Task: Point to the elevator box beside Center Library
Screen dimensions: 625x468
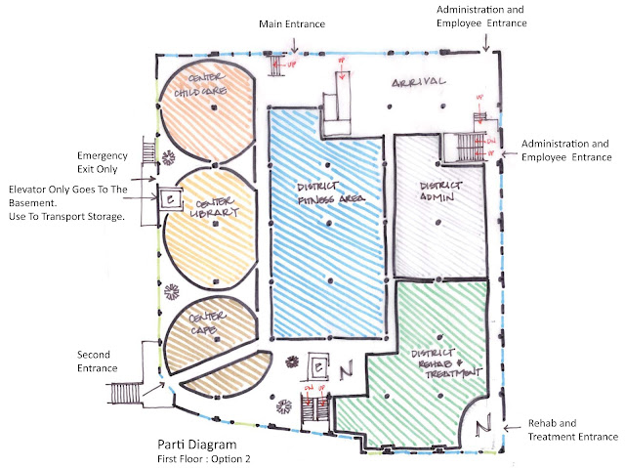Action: (170, 200)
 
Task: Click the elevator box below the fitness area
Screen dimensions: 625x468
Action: (318, 367)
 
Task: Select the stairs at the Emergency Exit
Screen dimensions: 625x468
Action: (148, 150)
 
